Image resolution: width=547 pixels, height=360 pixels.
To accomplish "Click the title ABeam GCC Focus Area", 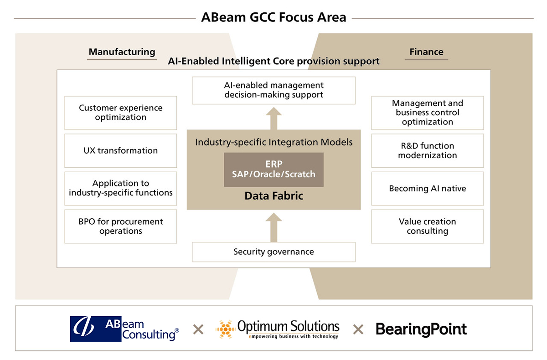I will click(273, 18).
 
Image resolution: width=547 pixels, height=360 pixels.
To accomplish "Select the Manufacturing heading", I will click(122, 52).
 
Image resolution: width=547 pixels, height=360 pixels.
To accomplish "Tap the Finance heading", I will click(426, 52).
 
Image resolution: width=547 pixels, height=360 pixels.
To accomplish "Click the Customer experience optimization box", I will click(121, 113).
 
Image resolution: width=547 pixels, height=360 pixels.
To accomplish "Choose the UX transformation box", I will click(121, 150).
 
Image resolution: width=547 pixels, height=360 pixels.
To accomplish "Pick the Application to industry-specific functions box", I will click(121, 188).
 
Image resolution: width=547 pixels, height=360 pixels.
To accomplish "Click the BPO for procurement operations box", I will click(121, 226).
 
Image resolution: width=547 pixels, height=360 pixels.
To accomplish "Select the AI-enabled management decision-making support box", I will click(273, 90).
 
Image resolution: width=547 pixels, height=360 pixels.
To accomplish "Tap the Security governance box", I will click(273, 252).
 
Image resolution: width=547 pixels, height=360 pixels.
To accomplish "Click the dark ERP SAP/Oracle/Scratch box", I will click(273, 170).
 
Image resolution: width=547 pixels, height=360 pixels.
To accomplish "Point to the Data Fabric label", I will click(273, 196).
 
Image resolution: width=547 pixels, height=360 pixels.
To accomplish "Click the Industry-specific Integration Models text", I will click(273, 142).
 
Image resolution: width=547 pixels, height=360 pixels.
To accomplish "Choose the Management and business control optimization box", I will click(427, 113).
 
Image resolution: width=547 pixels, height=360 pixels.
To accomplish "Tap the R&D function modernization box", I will click(427, 150).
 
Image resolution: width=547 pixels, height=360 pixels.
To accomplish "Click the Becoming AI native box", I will click(427, 188).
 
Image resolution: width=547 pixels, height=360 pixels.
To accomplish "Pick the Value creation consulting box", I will click(427, 226).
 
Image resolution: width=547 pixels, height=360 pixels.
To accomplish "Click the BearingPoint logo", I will click(421, 329).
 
